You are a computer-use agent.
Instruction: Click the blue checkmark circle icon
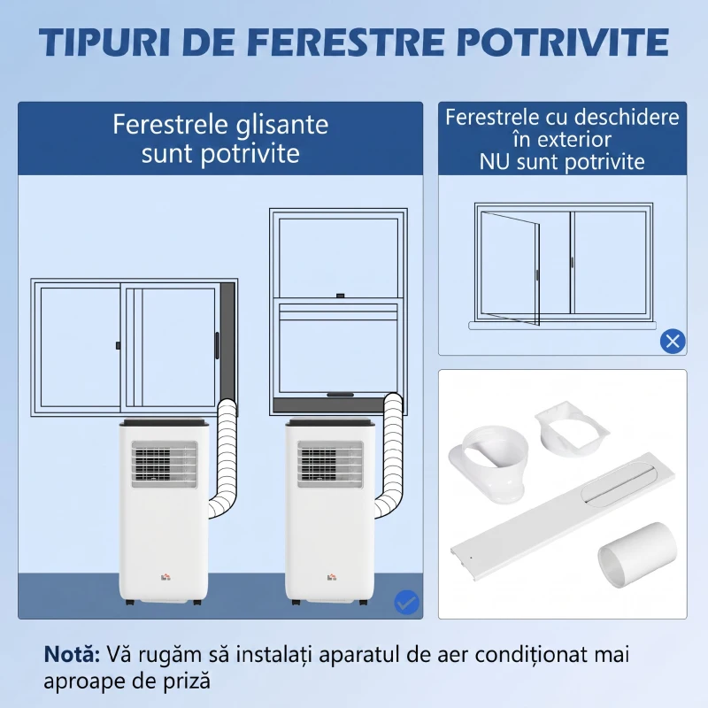(x=406, y=603)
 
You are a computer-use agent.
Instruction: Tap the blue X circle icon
(x=673, y=340)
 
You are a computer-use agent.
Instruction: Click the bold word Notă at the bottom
(x=72, y=655)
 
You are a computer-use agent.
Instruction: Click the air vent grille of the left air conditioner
(x=163, y=465)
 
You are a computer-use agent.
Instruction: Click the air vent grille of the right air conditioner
(x=330, y=465)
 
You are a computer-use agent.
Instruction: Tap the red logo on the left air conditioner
(x=165, y=576)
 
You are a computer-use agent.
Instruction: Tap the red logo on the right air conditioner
(x=331, y=576)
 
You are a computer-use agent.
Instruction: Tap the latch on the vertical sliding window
(x=338, y=295)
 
